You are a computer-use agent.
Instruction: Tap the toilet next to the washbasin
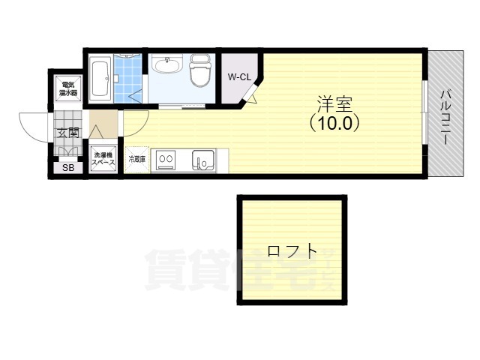[199, 71]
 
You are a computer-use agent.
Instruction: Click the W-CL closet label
[239, 76]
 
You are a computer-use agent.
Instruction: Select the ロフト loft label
[292, 251]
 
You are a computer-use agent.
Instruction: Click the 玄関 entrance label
[67, 133]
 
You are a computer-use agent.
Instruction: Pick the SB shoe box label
[68, 168]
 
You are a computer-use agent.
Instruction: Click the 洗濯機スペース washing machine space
[103, 158]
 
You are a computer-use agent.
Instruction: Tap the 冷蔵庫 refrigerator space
[136, 159]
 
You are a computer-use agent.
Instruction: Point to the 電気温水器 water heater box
[68, 88]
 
